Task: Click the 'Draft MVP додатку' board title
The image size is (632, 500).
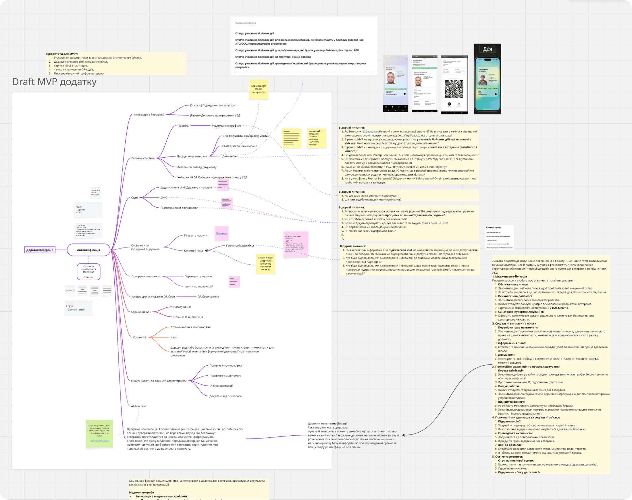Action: point(54,82)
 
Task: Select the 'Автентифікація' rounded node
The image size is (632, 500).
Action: point(88,250)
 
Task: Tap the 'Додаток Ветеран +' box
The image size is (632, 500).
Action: point(40,250)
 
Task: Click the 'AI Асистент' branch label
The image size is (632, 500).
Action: point(138,406)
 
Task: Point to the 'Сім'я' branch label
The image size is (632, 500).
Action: point(134,198)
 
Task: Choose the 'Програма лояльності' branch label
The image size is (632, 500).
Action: point(146,276)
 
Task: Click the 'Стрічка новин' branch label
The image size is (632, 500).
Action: point(141,312)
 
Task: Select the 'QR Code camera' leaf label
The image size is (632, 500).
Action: point(208,297)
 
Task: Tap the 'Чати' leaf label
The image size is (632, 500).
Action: point(174,337)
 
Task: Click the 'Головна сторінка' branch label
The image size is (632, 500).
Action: point(143,158)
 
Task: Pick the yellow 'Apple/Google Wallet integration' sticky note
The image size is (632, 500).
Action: point(259,89)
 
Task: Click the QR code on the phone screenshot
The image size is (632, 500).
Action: point(454,89)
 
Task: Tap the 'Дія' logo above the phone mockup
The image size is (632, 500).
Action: point(487,49)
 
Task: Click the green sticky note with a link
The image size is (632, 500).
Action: point(100,433)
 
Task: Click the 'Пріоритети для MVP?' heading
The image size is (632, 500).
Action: point(62,54)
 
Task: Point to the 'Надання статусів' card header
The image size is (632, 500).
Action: point(245,23)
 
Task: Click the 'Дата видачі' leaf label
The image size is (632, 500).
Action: point(230,156)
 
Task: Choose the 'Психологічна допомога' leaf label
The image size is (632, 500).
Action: point(225,376)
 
